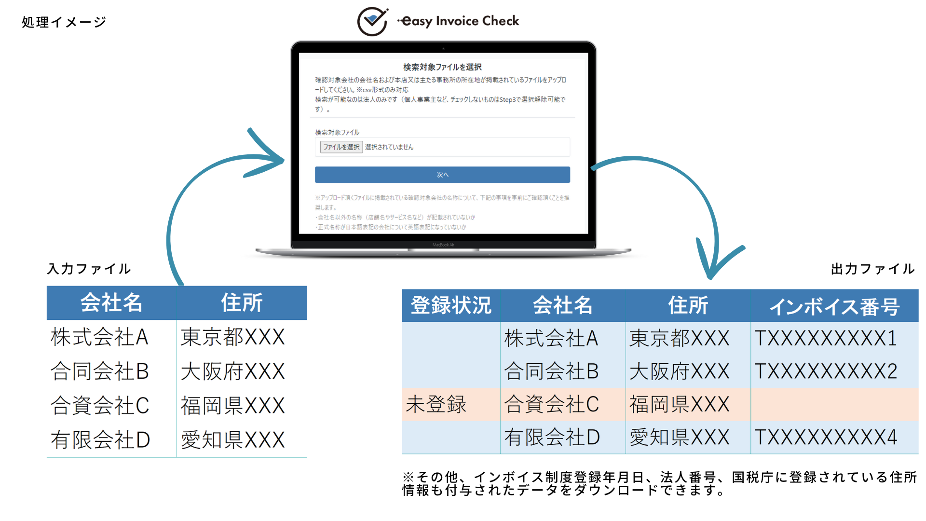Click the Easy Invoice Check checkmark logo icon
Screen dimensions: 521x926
[372, 22]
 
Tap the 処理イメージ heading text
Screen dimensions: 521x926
[64, 22]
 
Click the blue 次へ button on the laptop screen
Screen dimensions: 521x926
[442, 175]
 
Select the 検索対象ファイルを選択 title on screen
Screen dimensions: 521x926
[442, 67]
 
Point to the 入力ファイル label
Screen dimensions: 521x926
[89, 269]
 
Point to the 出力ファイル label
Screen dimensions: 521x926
[872, 269]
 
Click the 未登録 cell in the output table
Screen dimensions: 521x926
[436, 404]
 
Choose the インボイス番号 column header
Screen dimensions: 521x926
[834, 306]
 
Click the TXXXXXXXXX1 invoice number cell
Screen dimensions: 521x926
[826, 338]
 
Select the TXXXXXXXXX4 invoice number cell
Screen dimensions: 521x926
[826, 438]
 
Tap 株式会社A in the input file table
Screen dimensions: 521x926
[99, 337]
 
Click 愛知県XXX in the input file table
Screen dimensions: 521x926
[233, 440]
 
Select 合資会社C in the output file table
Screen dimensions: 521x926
[551, 404]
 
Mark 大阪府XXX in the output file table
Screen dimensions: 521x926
[679, 371]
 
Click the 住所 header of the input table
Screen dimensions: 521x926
[242, 303]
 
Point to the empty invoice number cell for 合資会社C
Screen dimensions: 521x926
[834, 404]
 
